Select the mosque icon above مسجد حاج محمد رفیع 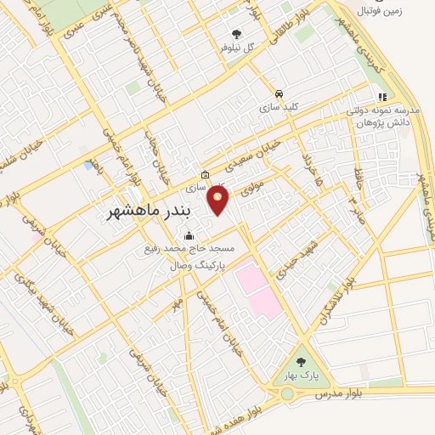coord(188,236)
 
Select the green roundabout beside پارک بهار coord(287,393)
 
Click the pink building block coord(257,285)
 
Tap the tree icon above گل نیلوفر coord(236,34)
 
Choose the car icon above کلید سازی coord(278,94)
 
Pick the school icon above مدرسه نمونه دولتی coord(382,97)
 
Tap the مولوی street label coord(246,187)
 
